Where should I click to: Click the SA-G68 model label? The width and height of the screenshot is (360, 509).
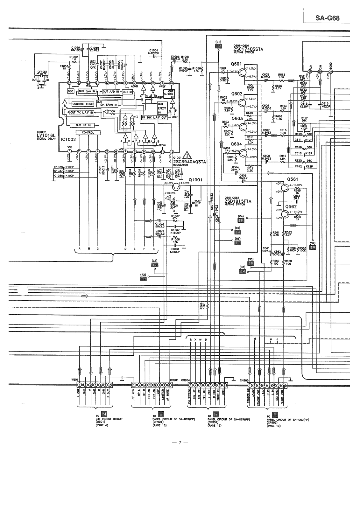pyautogui.click(x=327, y=18)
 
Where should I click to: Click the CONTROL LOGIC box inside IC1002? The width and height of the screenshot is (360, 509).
pyautogui.click(x=83, y=104)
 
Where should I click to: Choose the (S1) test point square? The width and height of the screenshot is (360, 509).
pyautogui.click(x=218, y=46)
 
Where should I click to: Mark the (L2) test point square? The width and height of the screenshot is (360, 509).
pyautogui.click(x=155, y=265)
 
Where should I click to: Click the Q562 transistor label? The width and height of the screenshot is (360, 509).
pyautogui.click(x=291, y=207)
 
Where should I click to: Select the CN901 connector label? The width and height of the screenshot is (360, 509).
pyautogui.click(x=174, y=380)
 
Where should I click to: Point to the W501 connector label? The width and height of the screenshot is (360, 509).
pyautogui.click(x=75, y=380)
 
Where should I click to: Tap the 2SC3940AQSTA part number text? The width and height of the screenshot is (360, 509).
pyautogui.click(x=189, y=162)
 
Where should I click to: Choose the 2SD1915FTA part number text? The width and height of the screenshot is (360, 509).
pyautogui.click(x=237, y=201)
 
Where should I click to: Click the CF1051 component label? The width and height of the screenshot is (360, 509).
pyautogui.click(x=42, y=72)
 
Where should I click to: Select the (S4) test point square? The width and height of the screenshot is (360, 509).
pyautogui.click(x=313, y=247)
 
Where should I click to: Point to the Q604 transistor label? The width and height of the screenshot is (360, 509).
pyautogui.click(x=236, y=144)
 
